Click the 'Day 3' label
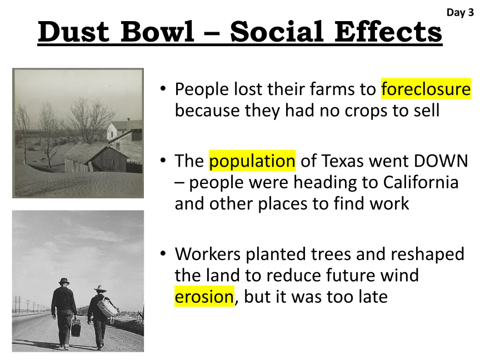coord(460,13)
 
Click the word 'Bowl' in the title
coord(157,32)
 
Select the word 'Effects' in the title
coord(388,31)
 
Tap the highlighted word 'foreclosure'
coord(426,89)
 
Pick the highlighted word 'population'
coord(252,161)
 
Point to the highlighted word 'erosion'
coord(204,296)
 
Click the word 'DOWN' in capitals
coord(441,161)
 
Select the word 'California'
coord(421,182)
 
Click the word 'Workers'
coord(208,254)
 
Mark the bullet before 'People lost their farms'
coord(163,89)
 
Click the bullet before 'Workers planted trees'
coord(163,253)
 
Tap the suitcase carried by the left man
coord(76,328)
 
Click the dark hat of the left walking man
coord(64,281)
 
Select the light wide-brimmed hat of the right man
coord(100,289)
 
